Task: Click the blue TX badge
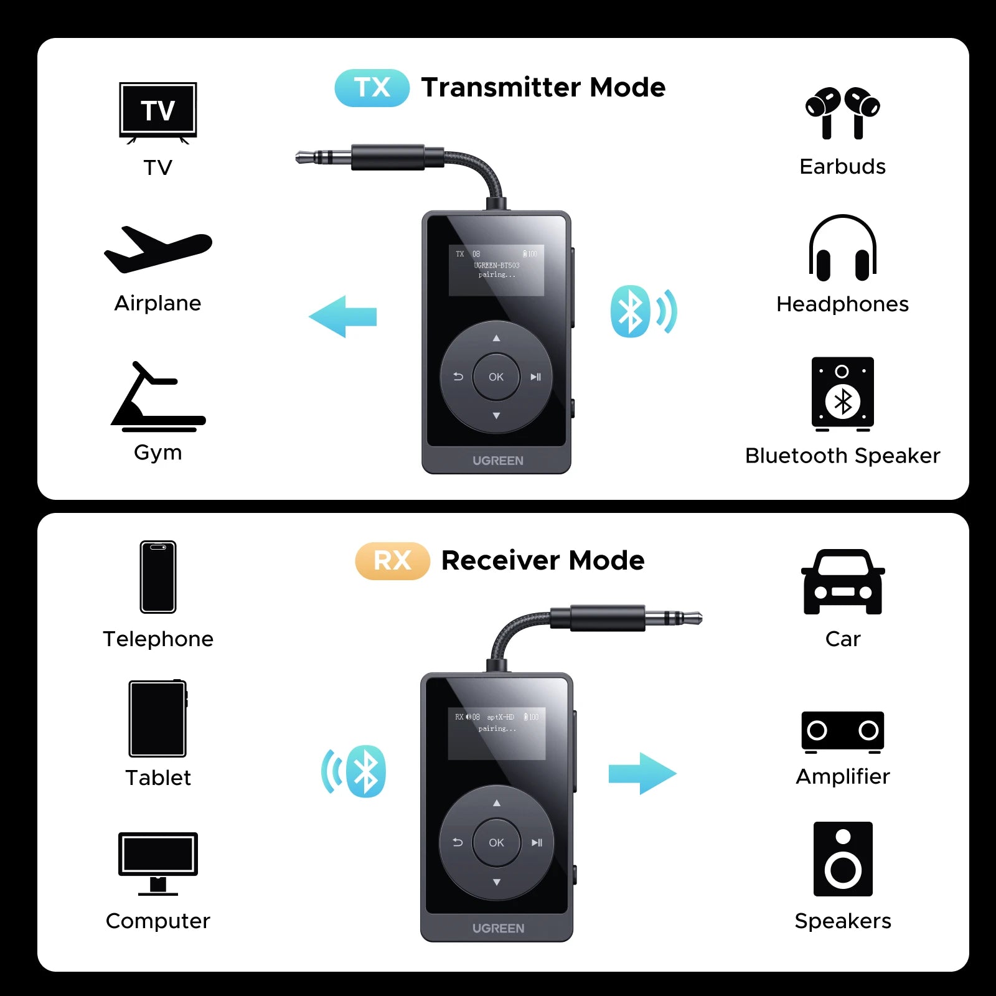click(x=372, y=88)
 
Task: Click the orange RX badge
click(x=392, y=561)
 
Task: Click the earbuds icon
click(x=842, y=113)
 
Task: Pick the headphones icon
click(x=842, y=248)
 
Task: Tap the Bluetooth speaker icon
click(x=842, y=394)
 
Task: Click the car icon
click(x=842, y=582)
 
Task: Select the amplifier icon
click(x=842, y=731)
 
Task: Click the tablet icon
click(x=157, y=718)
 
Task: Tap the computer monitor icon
click(x=158, y=863)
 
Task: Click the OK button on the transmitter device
click(x=496, y=377)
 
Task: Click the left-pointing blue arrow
click(x=342, y=316)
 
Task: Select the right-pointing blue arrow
click(x=642, y=774)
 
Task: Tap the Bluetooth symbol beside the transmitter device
click(x=631, y=311)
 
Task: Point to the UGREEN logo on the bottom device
click(x=498, y=928)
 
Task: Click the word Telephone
click(x=158, y=639)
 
